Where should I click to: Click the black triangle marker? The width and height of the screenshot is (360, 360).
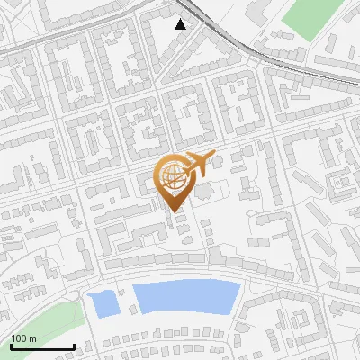click(x=182, y=24)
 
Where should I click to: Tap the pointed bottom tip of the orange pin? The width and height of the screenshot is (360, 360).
click(x=173, y=211)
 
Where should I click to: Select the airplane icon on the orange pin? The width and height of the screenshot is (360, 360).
click(x=198, y=164)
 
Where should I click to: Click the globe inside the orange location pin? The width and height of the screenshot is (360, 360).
click(x=172, y=175)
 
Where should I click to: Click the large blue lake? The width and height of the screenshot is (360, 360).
click(x=187, y=296)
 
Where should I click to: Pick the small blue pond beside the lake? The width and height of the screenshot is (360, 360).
click(x=106, y=303)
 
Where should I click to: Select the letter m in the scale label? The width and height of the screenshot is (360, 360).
click(x=32, y=338)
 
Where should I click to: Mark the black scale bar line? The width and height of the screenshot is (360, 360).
click(x=42, y=346)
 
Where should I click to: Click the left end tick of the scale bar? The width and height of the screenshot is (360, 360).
click(x=11, y=345)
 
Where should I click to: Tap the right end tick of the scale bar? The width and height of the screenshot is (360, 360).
click(x=74, y=345)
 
